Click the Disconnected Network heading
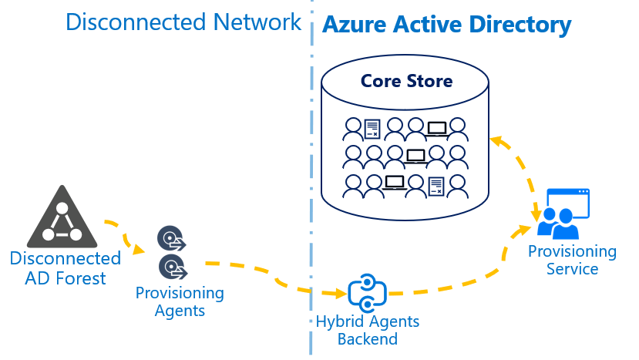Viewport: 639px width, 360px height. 183,22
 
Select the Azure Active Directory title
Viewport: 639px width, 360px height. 446,25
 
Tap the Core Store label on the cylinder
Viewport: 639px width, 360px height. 406,81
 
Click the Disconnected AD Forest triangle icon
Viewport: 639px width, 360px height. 61,219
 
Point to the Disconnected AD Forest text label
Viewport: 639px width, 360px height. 65,267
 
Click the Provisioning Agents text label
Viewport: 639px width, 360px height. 180,301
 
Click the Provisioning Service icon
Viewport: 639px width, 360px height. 563,214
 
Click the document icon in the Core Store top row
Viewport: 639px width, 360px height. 373,127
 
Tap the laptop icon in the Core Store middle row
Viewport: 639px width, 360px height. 416,156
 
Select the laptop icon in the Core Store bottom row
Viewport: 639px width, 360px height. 395,183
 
